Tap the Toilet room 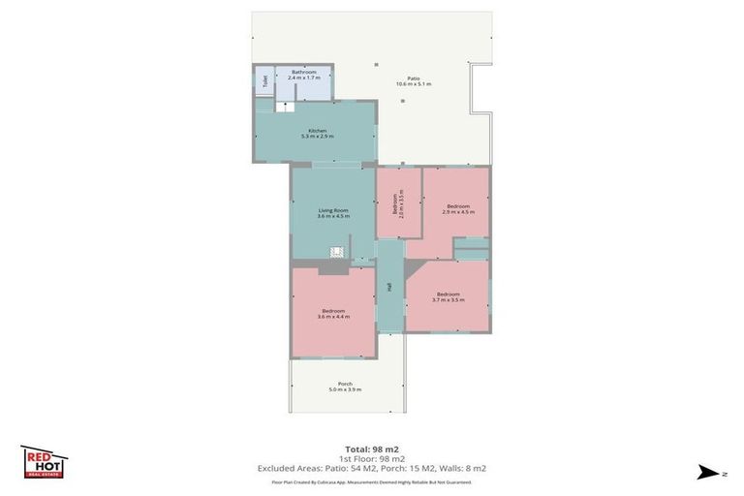pyautogui.click(x=263, y=81)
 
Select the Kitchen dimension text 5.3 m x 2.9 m pyautogui.click(x=317, y=137)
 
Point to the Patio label pyautogui.click(x=413, y=78)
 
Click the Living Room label pyautogui.click(x=332, y=209)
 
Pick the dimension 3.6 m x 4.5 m pyautogui.click(x=332, y=216)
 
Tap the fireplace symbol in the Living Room pyautogui.click(x=336, y=252)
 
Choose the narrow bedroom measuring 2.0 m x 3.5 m pyautogui.click(x=397, y=203)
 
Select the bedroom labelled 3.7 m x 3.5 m pyautogui.click(x=448, y=296)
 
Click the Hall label pyautogui.click(x=389, y=287)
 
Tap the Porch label pyautogui.click(x=345, y=384)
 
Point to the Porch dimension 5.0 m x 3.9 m pyautogui.click(x=345, y=389)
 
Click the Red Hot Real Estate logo pyautogui.click(x=44, y=461)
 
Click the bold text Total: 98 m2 pyautogui.click(x=372, y=449)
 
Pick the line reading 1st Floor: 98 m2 pyautogui.click(x=372, y=458)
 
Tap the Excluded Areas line pyautogui.click(x=372, y=468)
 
